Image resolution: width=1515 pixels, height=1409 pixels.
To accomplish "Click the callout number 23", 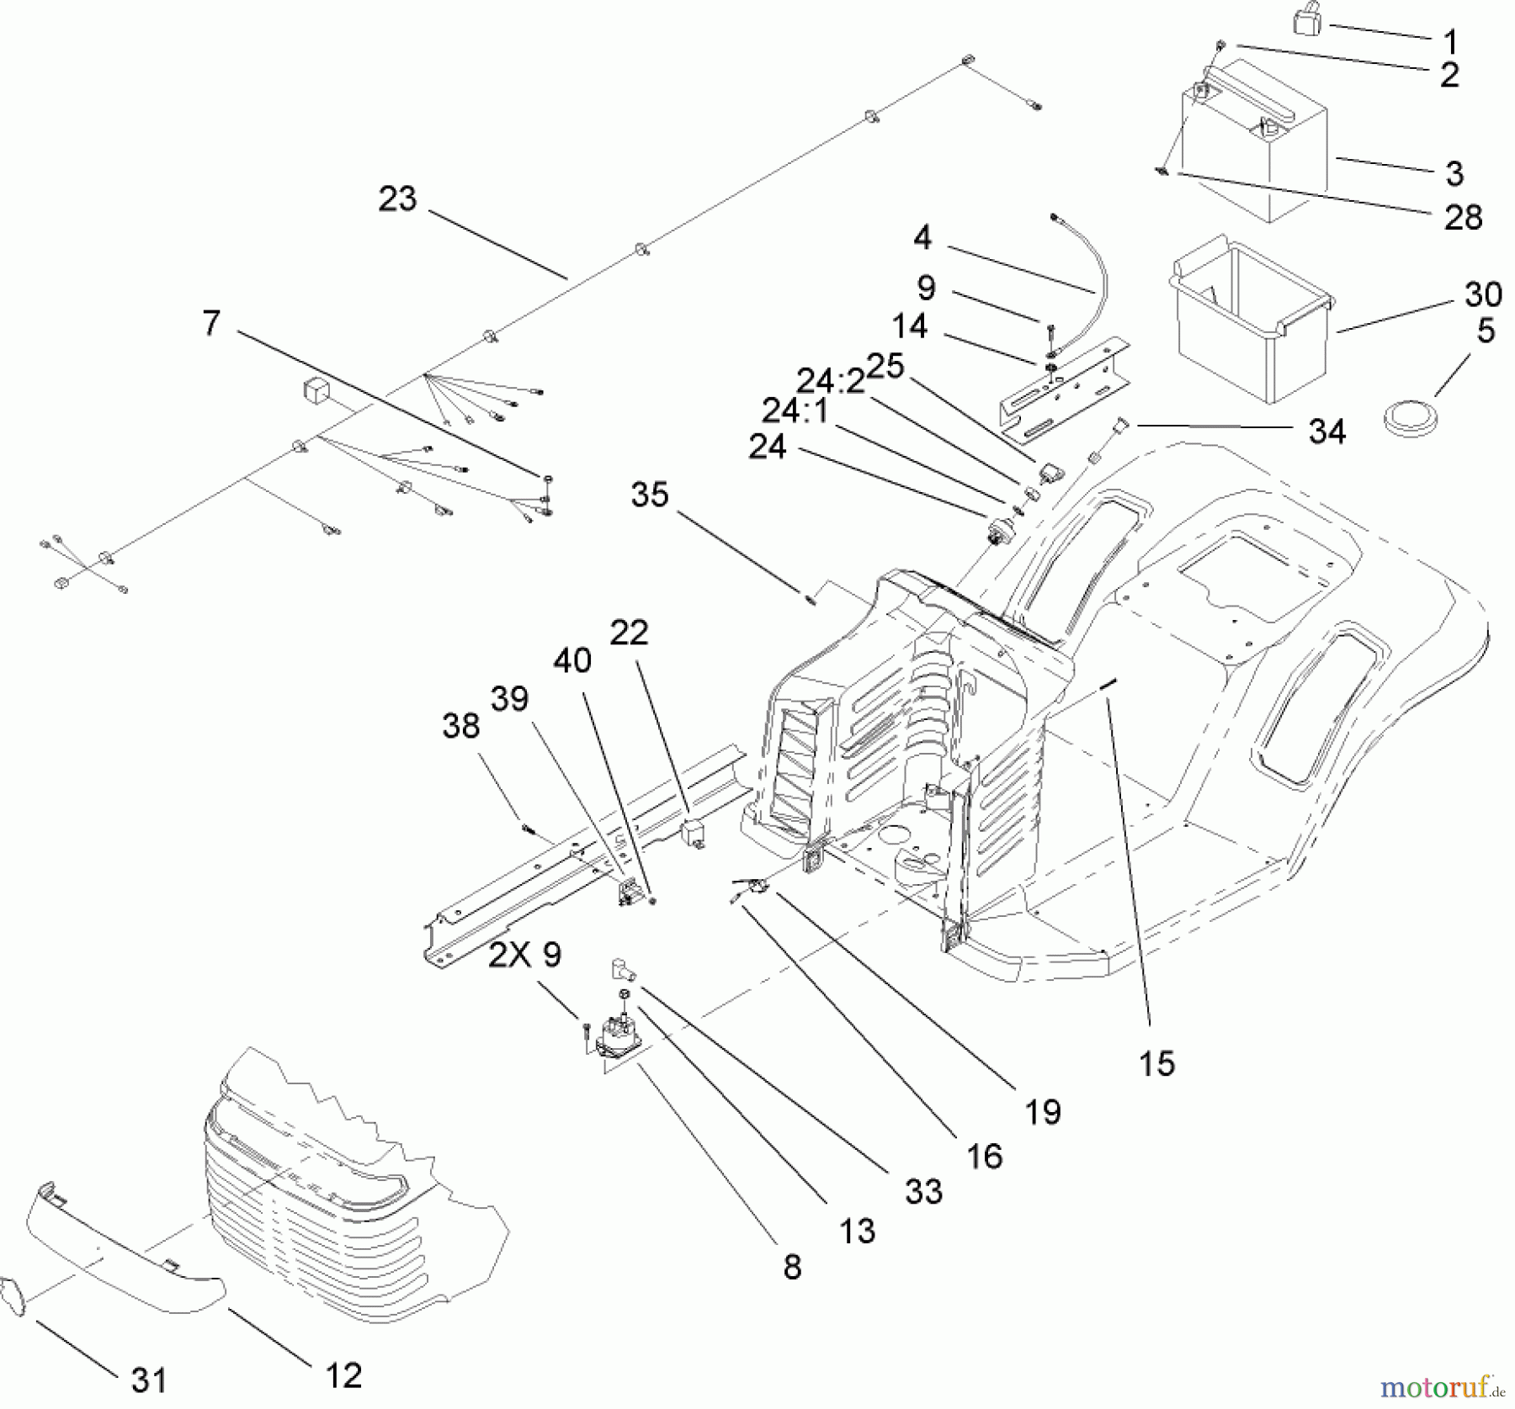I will tap(397, 199).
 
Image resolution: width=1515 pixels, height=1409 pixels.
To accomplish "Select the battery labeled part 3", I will tap(1254, 143).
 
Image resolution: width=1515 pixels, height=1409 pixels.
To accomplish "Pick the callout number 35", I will tap(650, 495).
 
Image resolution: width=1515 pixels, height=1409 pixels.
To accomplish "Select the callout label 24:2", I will tap(831, 382).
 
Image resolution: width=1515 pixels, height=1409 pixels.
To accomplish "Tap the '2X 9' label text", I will tap(524, 956).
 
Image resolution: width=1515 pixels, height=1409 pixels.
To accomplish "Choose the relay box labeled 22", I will tap(694, 833).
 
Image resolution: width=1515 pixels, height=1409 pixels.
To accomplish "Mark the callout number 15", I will tap(1156, 1063).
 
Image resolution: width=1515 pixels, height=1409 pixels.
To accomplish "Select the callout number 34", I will tap(1326, 432).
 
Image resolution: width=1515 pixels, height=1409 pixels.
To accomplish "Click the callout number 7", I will tap(211, 323).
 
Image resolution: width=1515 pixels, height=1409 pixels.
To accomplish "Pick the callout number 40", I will tap(572, 660).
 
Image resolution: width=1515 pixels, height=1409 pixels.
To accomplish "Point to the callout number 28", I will tap(1463, 217).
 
